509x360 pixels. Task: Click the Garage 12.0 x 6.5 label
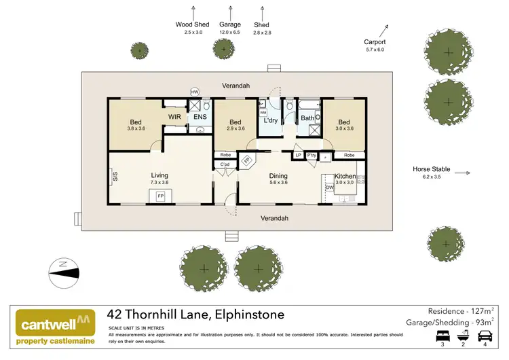231,24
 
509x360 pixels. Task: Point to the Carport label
374,42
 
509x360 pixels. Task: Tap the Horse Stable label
431,169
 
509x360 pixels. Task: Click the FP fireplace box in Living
160,196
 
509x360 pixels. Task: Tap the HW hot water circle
195,92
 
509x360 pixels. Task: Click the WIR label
174,117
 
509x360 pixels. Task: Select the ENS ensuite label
200,117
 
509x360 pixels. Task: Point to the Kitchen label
345,176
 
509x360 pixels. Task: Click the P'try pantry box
312,155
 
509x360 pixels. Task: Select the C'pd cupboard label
225,165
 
